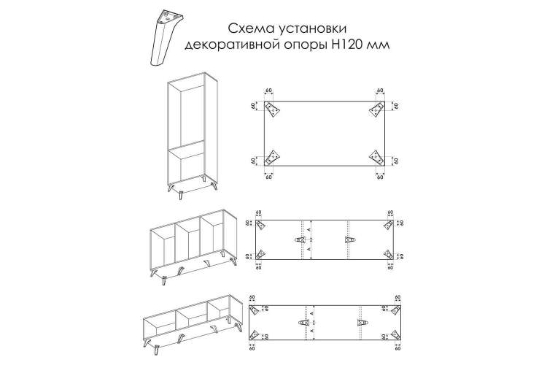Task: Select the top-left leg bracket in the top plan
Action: click(x=272, y=109)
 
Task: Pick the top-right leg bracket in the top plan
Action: click(x=377, y=109)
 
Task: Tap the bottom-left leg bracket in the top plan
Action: click(x=272, y=158)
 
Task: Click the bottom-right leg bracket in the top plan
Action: click(x=377, y=158)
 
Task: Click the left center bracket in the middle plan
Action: click(x=300, y=239)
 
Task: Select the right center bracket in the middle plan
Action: click(x=349, y=239)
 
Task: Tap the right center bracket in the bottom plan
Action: click(x=362, y=323)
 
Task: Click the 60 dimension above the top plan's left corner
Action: click(x=268, y=91)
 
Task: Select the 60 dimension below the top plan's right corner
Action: click(x=380, y=177)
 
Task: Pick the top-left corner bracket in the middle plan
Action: click(x=261, y=226)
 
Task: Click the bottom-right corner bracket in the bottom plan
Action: click(x=395, y=334)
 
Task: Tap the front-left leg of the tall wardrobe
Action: click(x=181, y=195)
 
